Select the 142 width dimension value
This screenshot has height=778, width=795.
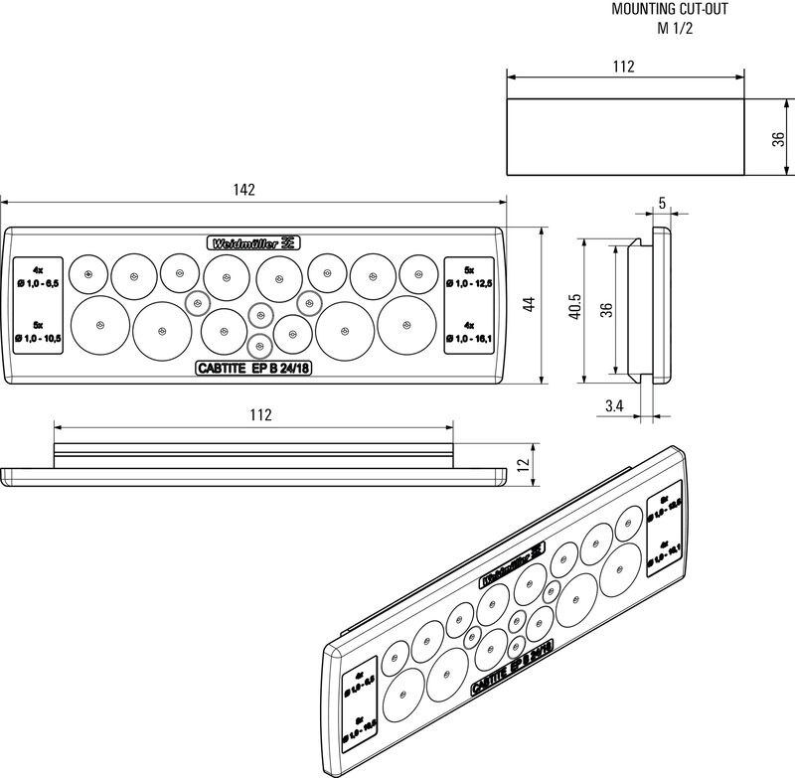(x=244, y=190)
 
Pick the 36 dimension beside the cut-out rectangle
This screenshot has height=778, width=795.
(x=777, y=138)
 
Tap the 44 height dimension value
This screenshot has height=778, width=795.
(x=530, y=304)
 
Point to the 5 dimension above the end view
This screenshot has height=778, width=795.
(x=662, y=202)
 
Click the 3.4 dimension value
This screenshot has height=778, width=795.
(x=613, y=404)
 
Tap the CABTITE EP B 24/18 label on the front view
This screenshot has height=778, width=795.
(x=253, y=369)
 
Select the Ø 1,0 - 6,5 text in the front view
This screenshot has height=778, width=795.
(x=39, y=285)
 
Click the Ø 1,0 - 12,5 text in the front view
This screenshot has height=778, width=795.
(x=469, y=285)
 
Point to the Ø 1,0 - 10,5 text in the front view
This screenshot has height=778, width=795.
(x=39, y=339)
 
